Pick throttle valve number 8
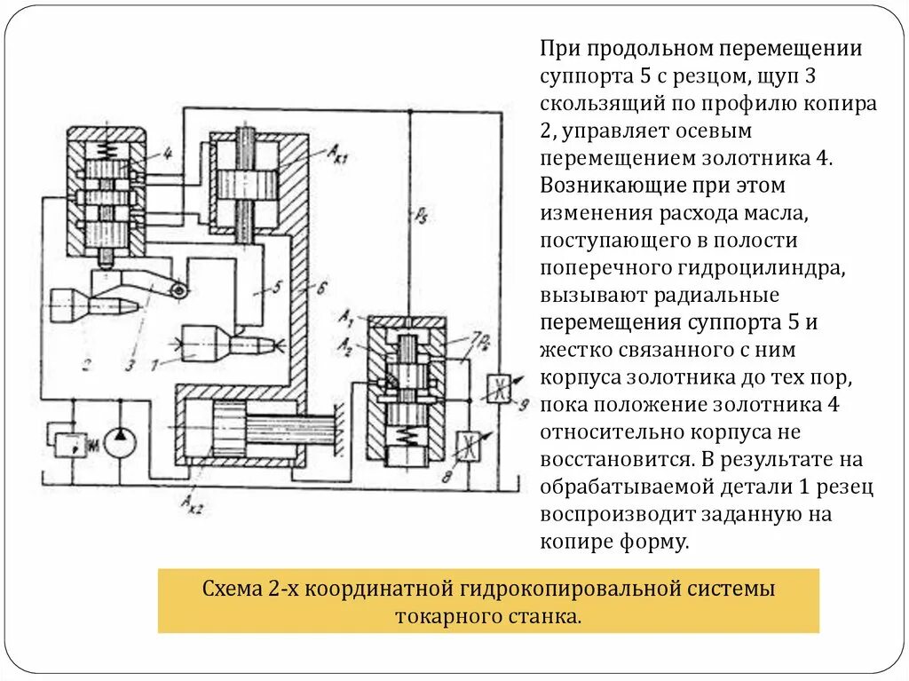467,445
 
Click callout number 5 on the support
277,287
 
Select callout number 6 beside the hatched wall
321,287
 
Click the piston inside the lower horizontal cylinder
229,430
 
